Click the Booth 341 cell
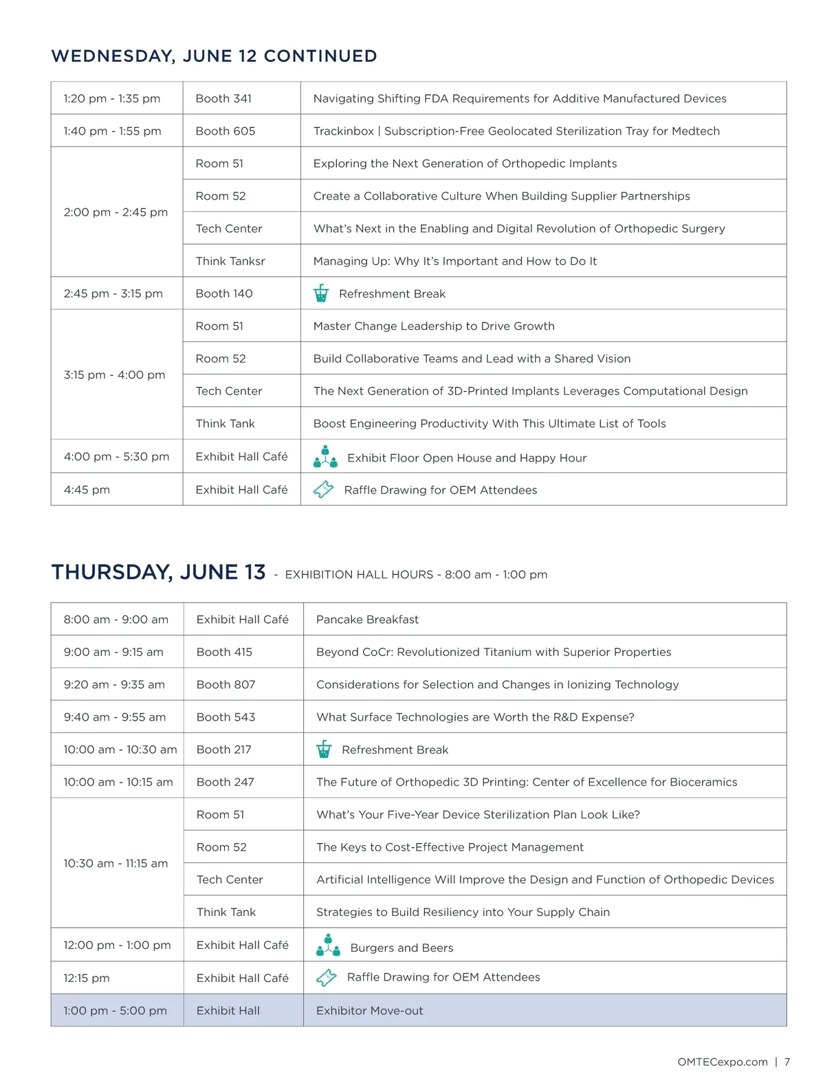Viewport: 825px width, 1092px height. click(x=223, y=98)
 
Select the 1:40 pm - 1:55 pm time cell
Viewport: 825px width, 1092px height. click(x=112, y=131)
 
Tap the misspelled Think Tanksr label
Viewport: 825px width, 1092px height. click(x=230, y=261)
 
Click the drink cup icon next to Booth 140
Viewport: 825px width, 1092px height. click(x=321, y=294)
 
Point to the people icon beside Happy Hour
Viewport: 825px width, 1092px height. click(x=325, y=457)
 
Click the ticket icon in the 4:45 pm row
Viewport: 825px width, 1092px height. click(x=324, y=489)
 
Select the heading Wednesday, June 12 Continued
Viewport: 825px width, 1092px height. click(x=214, y=56)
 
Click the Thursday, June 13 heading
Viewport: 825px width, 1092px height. click(x=158, y=572)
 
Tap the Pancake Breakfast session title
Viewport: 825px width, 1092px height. click(x=367, y=619)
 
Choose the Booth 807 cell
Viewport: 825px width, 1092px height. click(x=225, y=684)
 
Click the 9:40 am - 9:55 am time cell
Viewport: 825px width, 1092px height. click(x=115, y=717)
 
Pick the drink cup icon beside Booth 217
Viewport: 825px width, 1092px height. click(x=324, y=749)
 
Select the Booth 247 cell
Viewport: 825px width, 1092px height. click(x=225, y=782)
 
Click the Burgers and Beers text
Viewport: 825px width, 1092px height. click(x=401, y=948)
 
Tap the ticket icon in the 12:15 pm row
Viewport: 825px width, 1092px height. click(x=327, y=977)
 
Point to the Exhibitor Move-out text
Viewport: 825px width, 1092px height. click(x=369, y=1010)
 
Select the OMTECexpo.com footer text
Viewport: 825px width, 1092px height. click(x=723, y=1062)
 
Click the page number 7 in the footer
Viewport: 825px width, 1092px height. click(x=787, y=1062)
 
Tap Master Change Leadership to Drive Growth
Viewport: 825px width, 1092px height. click(x=434, y=326)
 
